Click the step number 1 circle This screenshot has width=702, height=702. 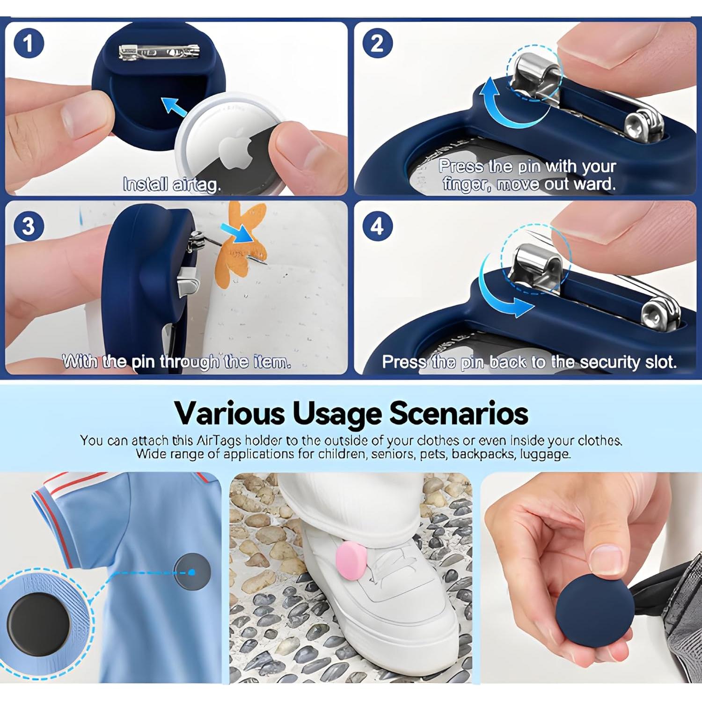pos(29,44)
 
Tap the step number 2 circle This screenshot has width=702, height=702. pos(377,44)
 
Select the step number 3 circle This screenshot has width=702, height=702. pos(29,226)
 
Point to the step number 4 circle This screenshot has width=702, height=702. pos(377,226)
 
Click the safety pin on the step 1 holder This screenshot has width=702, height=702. pos(159,51)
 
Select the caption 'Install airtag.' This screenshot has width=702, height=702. pos(172,185)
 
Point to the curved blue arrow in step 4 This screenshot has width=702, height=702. pos(501,290)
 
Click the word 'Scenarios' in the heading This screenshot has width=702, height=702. pos(459,413)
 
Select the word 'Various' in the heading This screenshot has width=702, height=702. pos(229,413)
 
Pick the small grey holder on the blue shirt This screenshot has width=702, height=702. pos(192,572)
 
